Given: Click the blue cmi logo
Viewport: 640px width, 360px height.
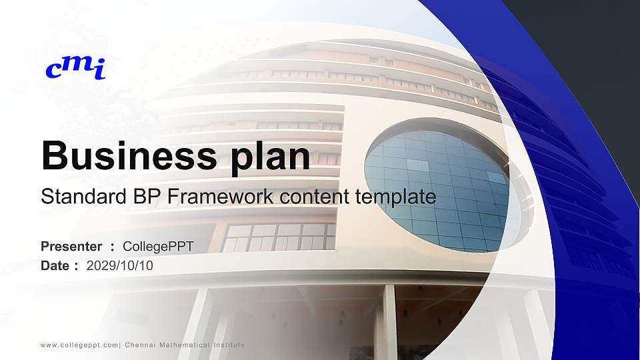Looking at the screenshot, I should [75, 67].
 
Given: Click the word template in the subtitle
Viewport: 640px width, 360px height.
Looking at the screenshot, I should [396, 197].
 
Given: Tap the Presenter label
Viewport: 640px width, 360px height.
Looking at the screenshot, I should [71, 247].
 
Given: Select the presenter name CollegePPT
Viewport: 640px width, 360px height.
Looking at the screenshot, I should [163, 247].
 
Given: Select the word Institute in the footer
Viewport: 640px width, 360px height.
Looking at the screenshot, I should [229, 345].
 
